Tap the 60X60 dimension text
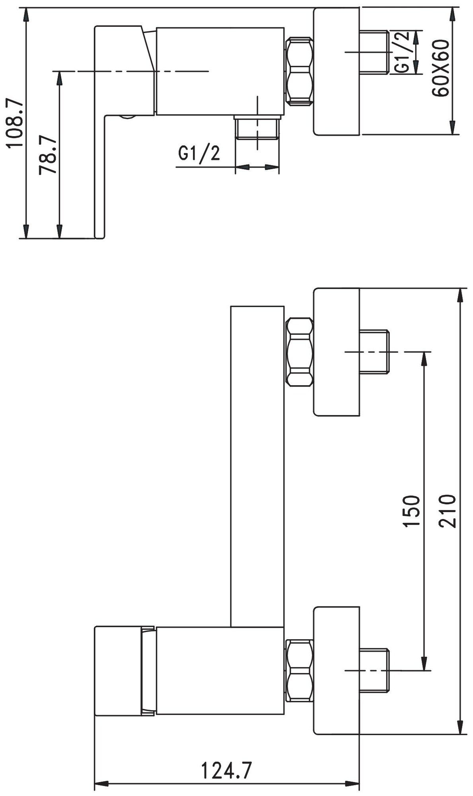tap(441, 68)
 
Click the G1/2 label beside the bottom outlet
tap(199, 153)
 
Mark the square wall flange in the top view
tap(337, 72)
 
